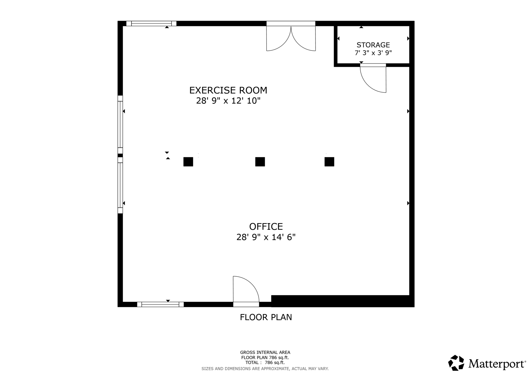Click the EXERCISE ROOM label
[x=228, y=90]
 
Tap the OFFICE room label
[x=266, y=226]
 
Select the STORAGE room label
[x=373, y=45]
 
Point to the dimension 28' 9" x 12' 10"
[x=228, y=101]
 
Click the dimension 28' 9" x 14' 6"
[x=266, y=237]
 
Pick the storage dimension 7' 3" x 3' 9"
[x=373, y=53]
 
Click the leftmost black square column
[x=188, y=162]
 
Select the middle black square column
[x=260, y=162]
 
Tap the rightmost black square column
[x=329, y=162]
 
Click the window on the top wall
[x=151, y=24]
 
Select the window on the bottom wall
[x=160, y=304]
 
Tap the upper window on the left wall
[x=120, y=125]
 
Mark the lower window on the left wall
[x=120, y=185]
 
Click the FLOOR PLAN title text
[x=266, y=317]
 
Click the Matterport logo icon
[x=456, y=363]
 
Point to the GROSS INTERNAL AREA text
[x=265, y=352]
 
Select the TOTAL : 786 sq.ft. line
[x=265, y=362]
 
